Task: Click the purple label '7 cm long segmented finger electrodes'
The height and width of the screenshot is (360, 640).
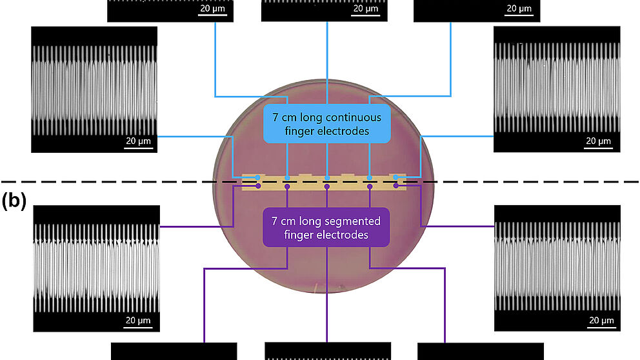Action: [x=326, y=228]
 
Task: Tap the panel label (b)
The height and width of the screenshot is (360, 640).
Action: [x=14, y=201]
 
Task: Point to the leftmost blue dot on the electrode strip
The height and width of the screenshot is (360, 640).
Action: [x=257, y=177]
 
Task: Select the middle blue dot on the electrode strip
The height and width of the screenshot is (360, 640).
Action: [x=327, y=177]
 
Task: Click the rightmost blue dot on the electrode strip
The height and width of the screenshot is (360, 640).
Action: [x=395, y=177]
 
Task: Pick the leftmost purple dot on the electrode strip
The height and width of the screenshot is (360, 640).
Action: [x=258, y=186]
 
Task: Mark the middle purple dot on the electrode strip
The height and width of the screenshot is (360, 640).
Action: [x=327, y=186]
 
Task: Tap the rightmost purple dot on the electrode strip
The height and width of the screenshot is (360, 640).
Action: [x=396, y=186]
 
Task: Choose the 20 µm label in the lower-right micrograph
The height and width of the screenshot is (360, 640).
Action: [x=601, y=320]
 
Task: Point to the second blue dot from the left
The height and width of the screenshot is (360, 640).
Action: [x=286, y=177]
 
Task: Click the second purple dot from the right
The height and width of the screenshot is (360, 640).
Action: [x=370, y=186]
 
